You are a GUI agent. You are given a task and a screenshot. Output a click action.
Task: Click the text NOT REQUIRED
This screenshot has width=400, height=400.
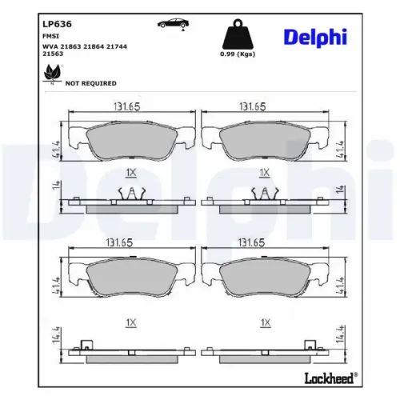(90, 82)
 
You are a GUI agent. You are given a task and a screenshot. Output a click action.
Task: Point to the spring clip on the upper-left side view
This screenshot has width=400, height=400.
(131, 192)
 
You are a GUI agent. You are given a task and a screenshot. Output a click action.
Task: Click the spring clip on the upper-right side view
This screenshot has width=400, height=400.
(263, 192)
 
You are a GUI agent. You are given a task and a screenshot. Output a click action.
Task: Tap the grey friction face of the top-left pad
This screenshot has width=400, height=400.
(131, 142)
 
